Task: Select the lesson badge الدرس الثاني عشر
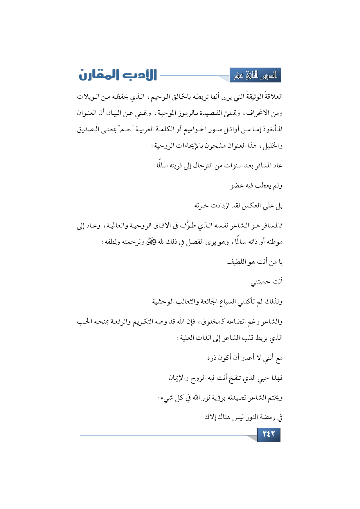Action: (x=255, y=76)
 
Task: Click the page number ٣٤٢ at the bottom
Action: (x=269, y=434)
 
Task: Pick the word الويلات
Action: (x=89, y=97)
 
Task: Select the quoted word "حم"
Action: (x=125, y=129)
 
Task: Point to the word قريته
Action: (x=176, y=165)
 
